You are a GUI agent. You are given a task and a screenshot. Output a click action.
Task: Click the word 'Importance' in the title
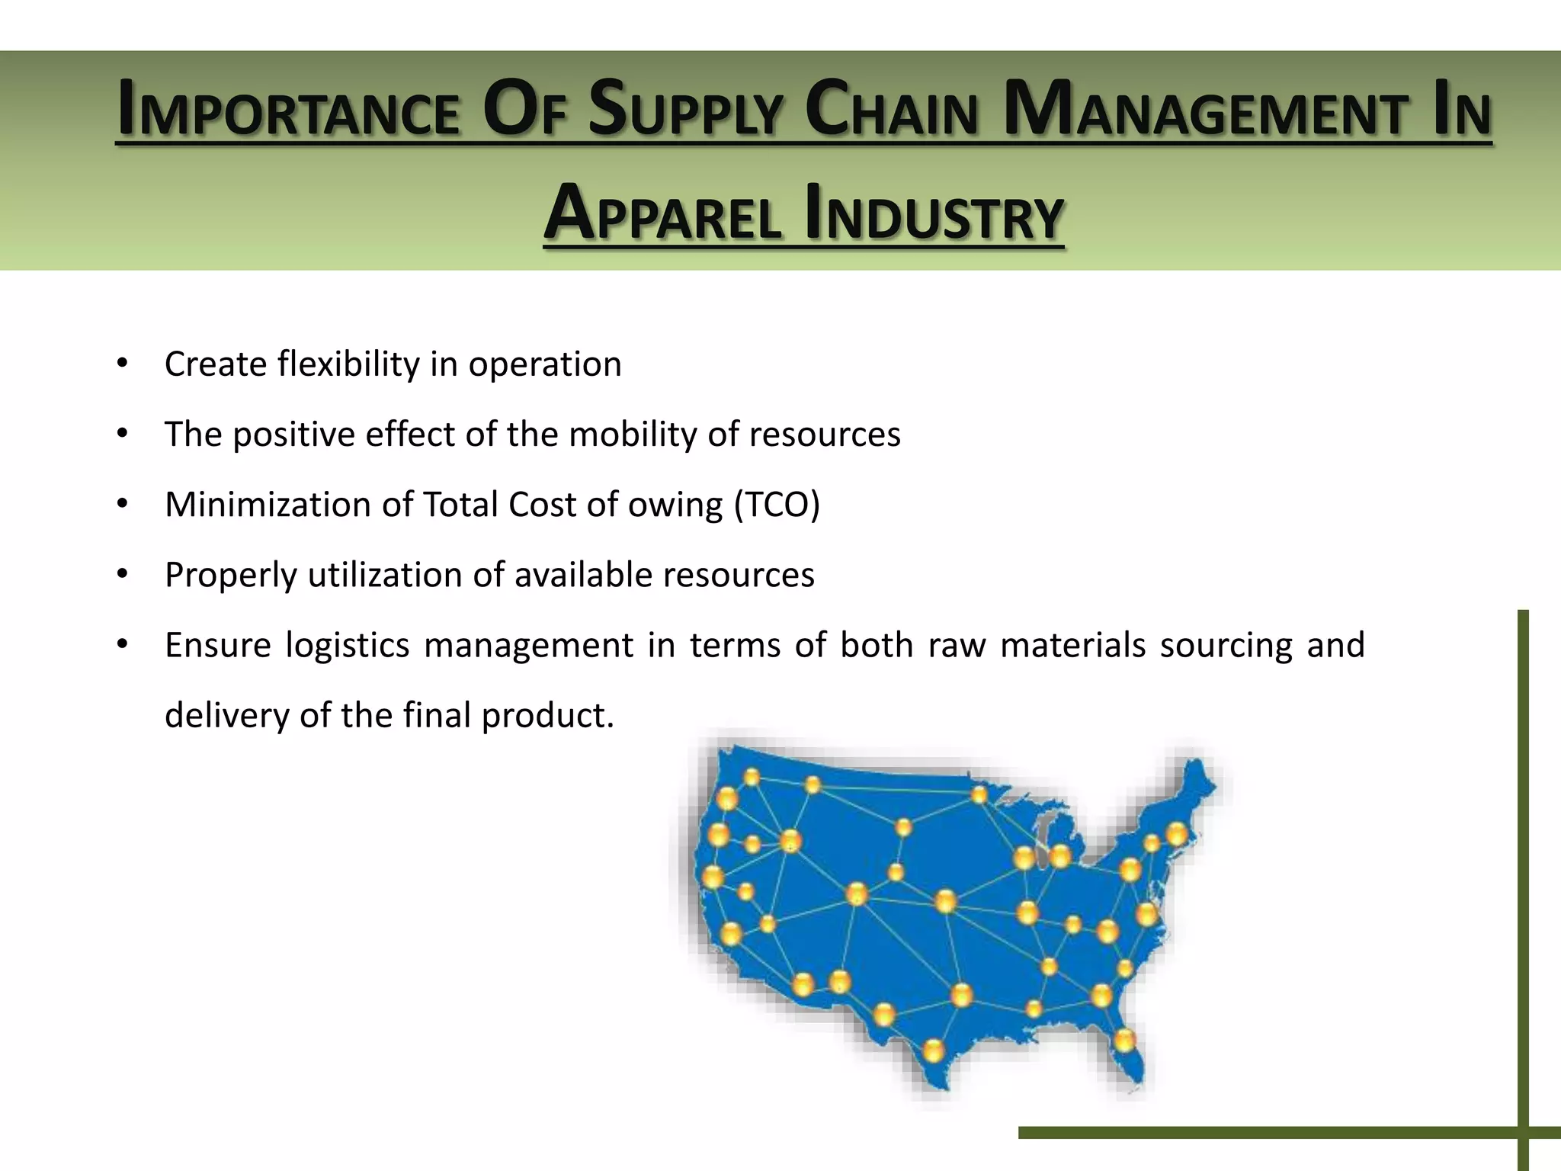(x=288, y=111)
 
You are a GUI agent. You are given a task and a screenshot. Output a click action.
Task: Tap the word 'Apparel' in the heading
(x=662, y=214)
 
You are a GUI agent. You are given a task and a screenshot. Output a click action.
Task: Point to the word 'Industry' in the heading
(x=934, y=214)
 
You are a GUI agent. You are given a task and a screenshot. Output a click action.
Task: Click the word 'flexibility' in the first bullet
(x=348, y=364)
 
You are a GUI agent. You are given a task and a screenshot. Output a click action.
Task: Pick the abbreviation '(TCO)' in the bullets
(x=777, y=504)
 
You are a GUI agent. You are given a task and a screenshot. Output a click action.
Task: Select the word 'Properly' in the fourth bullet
(x=230, y=575)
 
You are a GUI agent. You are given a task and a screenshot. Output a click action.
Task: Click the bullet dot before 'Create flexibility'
(x=122, y=363)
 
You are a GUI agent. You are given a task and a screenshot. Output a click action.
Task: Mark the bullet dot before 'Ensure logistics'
(x=122, y=644)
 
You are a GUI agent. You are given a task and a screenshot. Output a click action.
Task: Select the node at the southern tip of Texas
(x=933, y=1051)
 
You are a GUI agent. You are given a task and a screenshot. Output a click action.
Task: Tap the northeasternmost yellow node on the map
(x=1177, y=833)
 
